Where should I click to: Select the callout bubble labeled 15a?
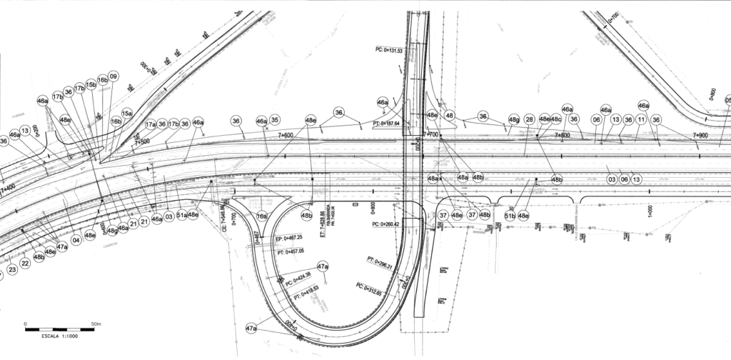[x=127, y=113]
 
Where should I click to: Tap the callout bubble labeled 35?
[x=275, y=120]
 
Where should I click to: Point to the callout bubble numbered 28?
[x=529, y=119]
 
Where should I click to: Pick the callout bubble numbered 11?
[x=642, y=119]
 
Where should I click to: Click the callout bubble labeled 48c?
[x=556, y=119]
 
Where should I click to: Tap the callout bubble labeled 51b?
[x=510, y=215]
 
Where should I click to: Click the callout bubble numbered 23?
[x=12, y=270]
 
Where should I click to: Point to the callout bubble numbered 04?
[x=76, y=239]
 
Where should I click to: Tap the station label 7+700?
[x=431, y=134]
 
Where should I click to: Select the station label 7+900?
[x=699, y=135]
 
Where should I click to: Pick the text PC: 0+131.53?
[x=389, y=50]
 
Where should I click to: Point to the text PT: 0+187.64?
[x=386, y=124]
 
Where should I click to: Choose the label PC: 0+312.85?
[x=369, y=289]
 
